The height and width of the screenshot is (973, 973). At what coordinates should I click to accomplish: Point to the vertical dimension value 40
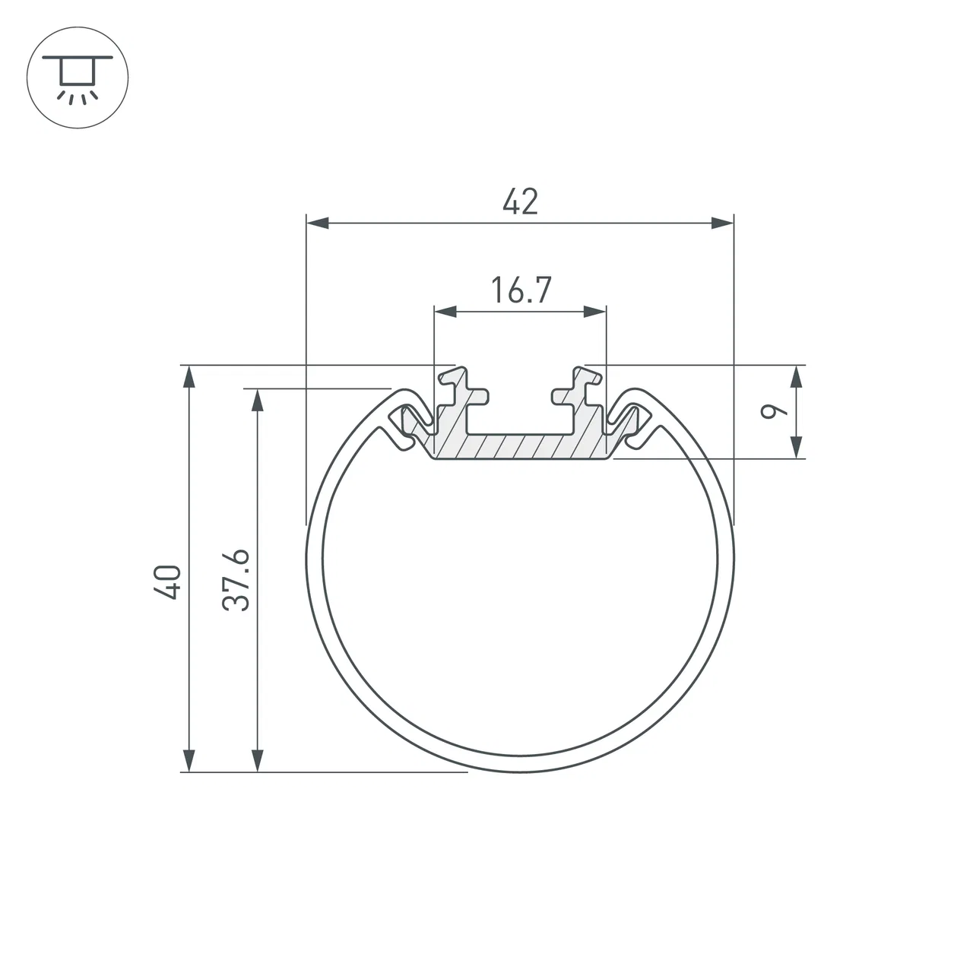pos(168,582)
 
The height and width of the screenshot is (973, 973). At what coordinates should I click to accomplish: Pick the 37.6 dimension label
pos(236,580)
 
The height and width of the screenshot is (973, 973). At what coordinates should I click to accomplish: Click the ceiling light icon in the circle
pos(78,78)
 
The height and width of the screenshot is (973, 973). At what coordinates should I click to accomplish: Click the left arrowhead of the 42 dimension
pos(318,223)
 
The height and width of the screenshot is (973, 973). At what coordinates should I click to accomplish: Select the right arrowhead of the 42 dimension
pos(722,223)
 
